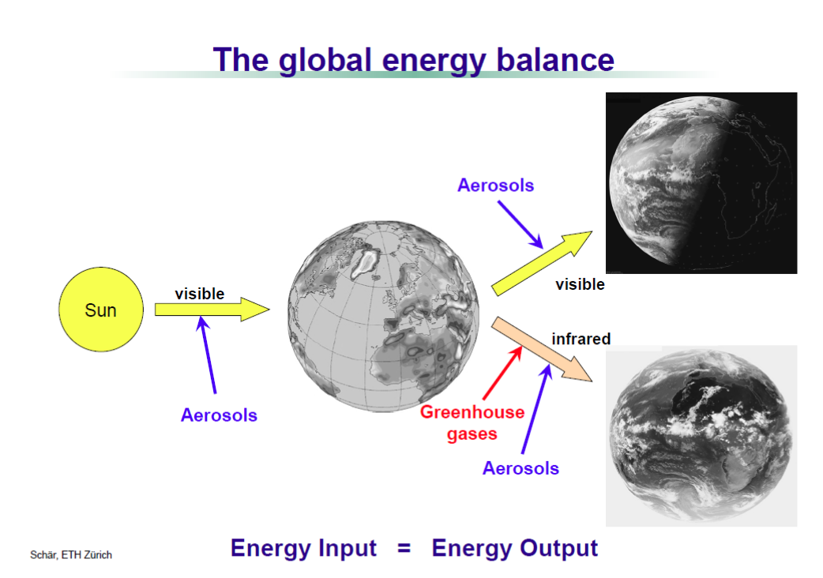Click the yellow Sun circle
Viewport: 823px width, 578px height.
[x=101, y=310]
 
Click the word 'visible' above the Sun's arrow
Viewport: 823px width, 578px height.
[x=200, y=294]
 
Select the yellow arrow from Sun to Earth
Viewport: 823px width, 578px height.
[x=212, y=310]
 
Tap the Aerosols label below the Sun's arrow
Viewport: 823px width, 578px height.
[x=219, y=415]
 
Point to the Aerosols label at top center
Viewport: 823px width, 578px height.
[x=495, y=185]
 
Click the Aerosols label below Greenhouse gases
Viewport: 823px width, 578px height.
[x=520, y=468]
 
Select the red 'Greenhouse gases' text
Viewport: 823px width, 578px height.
[x=472, y=422]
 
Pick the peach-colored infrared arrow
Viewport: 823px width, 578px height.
[x=542, y=349]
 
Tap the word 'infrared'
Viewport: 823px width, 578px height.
[x=581, y=339]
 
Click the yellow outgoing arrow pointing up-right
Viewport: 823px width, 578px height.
[x=542, y=263]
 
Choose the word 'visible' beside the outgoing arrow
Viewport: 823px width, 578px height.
[x=580, y=284]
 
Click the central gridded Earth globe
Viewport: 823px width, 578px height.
[x=383, y=317]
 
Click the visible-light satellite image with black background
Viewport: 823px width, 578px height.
[x=701, y=183]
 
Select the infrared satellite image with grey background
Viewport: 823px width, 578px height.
[x=701, y=436]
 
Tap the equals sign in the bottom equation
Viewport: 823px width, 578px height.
[x=404, y=549]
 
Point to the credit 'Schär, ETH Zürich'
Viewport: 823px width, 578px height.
[x=71, y=555]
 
